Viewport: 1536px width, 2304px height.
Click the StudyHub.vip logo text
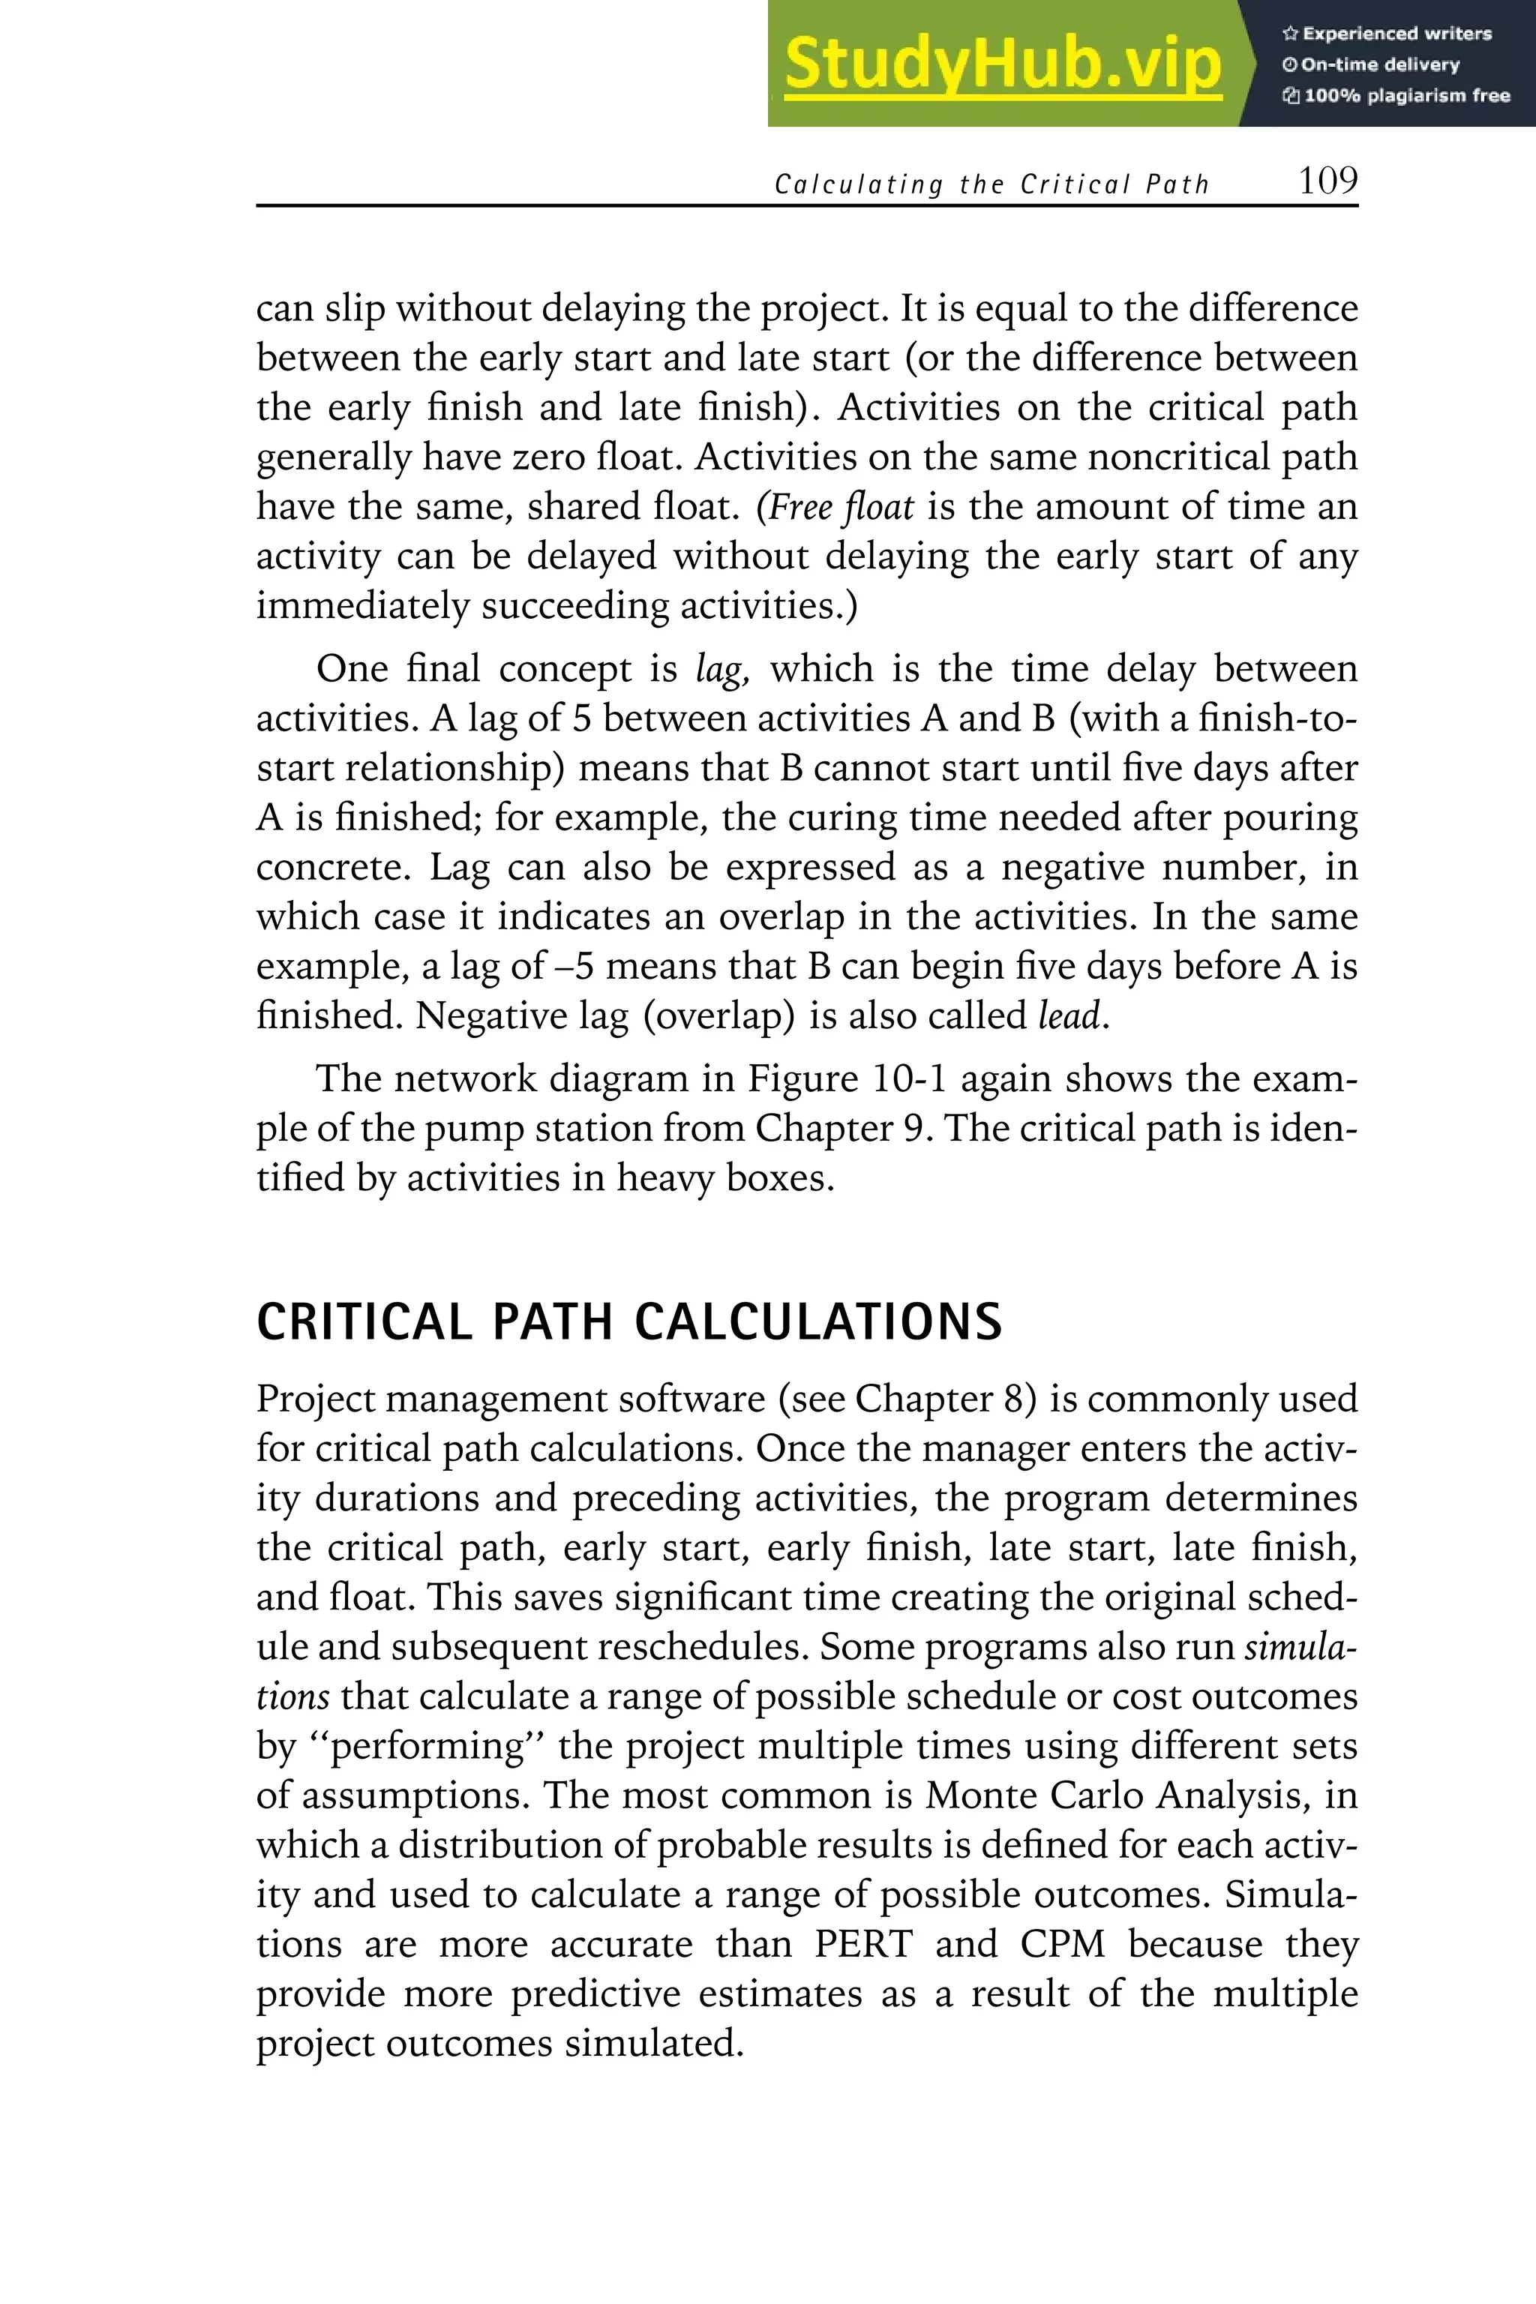tap(1002, 64)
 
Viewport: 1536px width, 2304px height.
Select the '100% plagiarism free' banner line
tap(1396, 95)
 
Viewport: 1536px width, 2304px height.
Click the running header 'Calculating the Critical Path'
tap(991, 184)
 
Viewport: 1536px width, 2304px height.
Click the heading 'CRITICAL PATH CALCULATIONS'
tap(629, 1321)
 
